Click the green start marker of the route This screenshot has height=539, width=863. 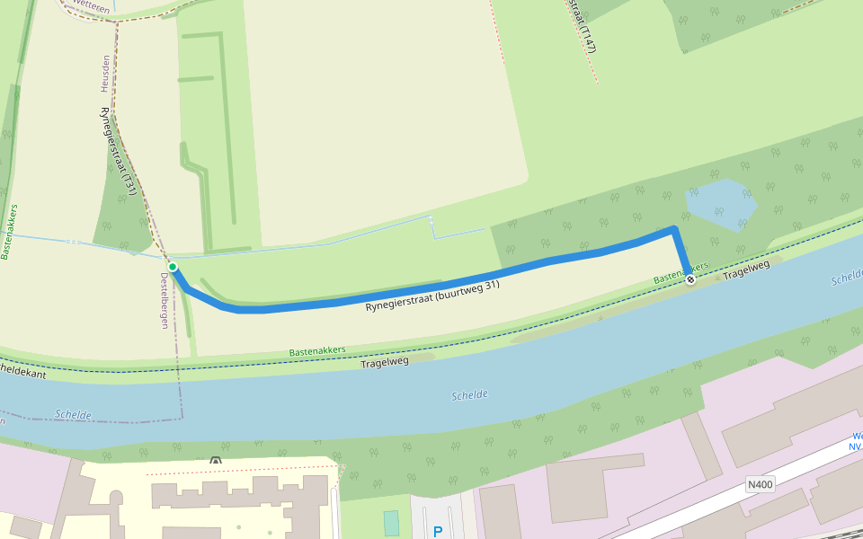pyautogui.click(x=173, y=267)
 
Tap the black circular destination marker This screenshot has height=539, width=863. pyautogui.click(x=690, y=279)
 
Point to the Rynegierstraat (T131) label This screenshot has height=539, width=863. pyautogui.click(x=118, y=151)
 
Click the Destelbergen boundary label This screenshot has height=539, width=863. pyautogui.click(x=165, y=300)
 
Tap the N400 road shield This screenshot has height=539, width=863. pyautogui.click(x=760, y=484)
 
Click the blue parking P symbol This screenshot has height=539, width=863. pyautogui.click(x=438, y=532)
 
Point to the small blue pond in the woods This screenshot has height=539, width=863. pyautogui.click(x=720, y=203)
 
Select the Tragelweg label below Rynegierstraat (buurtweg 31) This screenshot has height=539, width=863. pyautogui.click(x=385, y=361)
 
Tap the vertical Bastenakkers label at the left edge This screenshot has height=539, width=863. pyautogui.click(x=9, y=231)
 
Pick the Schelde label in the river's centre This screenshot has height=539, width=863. pyautogui.click(x=469, y=395)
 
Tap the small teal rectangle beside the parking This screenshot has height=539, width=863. pyautogui.click(x=391, y=523)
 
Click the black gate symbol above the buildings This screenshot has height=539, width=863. pyautogui.click(x=215, y=461)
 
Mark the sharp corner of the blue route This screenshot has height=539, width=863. pyautogui.click(x=673, y=230)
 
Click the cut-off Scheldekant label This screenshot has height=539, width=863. pyautogui.click(x=22, y=370)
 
